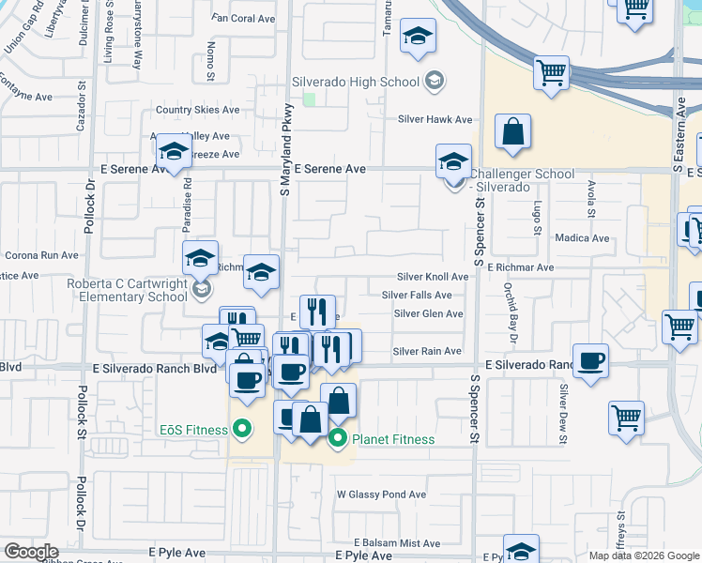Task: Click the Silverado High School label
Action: (x=355, y=82)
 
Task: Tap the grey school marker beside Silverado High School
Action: (x=433, y=83)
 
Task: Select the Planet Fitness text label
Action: (x=393, y=439)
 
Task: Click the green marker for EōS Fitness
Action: (x=242, y=431)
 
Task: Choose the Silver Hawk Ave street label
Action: (x=435, y=119)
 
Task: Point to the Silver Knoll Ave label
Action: (x=432, y=277)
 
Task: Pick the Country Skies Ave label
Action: (x=198, y=110)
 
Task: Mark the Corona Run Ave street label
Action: (x=41, y=254)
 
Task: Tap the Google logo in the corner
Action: (x=31, y=551)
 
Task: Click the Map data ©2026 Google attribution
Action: (x=643, y=555)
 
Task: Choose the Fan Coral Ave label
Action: (x=244, y=18)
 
